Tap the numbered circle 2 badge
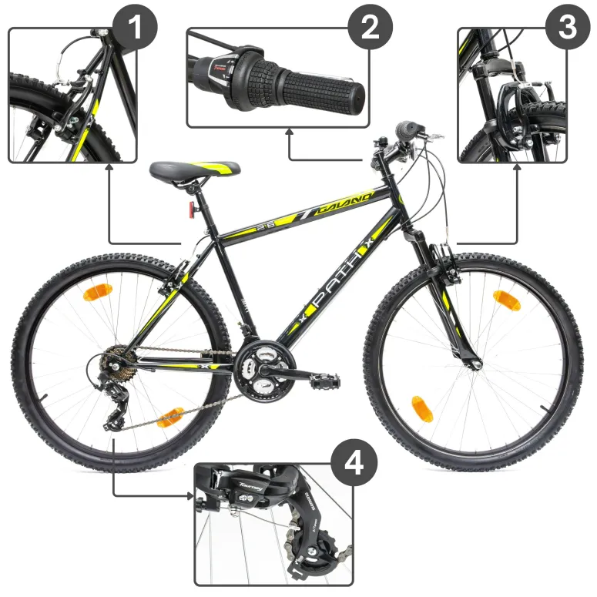pos(371,28)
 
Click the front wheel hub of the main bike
pos(472,362)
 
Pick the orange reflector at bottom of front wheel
pos(421,408)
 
